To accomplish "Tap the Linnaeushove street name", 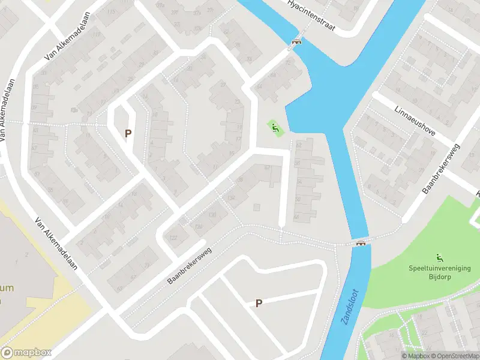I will pyautogui.click(x=414, y=121).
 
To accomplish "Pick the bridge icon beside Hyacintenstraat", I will pyautogui.click(x=295, y=42).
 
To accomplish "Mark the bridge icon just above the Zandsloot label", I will pyautogui.click(x=361, y=243).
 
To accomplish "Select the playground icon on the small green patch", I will pyautogui.click(x=275, y=127).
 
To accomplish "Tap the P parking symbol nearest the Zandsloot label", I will pyautogui.click(x=259, y=304).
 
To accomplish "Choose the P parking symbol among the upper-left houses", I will pyautogui.click(x=127, y=133).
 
